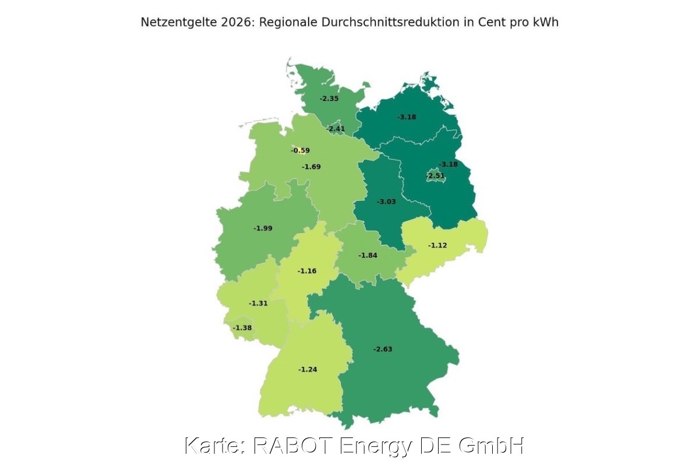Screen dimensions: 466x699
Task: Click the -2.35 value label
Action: pos(329,99)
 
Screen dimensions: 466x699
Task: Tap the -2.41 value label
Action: pos(336,129)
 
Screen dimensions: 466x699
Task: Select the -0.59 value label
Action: pos(301,151)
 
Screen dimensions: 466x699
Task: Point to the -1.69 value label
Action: pos(311,167)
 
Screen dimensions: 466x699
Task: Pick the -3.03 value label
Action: pos(387,202)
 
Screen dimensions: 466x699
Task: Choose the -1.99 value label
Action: pos(263,228)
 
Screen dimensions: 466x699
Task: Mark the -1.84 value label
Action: pos(368,256)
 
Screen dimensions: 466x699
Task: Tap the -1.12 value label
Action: pos(437,246)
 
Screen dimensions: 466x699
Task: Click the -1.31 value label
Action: pos(258,303)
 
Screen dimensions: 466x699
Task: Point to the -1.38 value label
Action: pos(242,329)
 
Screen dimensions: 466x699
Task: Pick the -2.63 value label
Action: pos(383,349)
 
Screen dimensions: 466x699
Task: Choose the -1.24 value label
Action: pos(308,370)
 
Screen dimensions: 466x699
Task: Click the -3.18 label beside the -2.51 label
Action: pos(449,164)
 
